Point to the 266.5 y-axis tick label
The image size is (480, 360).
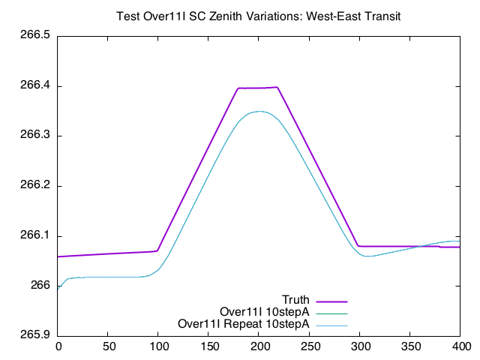click(35, 36)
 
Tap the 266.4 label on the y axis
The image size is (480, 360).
click(35, 86)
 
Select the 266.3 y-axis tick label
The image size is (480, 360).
click(35, 136)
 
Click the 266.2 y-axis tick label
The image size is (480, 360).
click(35, 186)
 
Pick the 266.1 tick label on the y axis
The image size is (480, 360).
click(35, 235)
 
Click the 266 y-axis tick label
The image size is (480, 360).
click(40, 286)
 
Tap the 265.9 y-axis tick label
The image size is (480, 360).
click(35, 335)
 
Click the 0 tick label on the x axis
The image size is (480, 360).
click(58, 347)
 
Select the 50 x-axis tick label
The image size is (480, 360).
click(108, 347)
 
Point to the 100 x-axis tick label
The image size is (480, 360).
click(158, 347)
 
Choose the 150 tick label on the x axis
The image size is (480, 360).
click(209, 347)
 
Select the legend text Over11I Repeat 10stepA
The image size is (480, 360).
click(243, 324)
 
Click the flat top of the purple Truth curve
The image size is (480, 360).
click(258, 88)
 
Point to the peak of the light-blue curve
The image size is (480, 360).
click(259, 111)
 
